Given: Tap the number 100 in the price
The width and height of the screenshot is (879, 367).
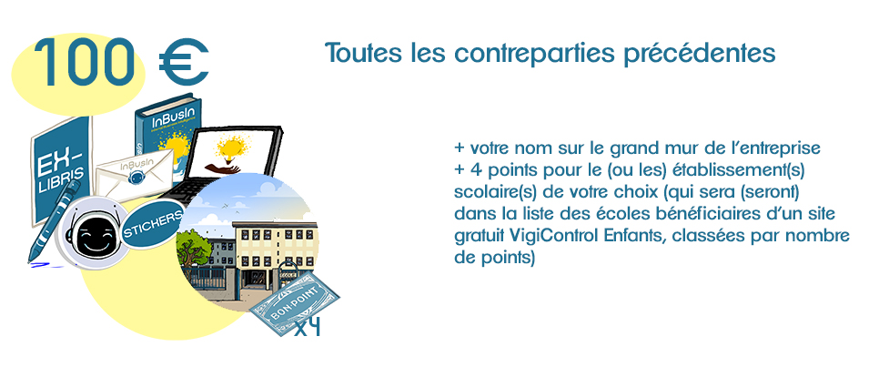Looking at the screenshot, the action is pos(84,62).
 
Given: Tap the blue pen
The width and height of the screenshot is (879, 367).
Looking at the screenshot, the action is pos(52,222).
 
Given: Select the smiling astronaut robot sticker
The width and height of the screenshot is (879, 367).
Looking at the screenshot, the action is pos(94,233).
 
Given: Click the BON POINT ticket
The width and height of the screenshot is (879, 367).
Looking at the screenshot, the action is pos(294,303).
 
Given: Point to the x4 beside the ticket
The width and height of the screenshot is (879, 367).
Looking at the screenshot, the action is pos(308,327).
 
